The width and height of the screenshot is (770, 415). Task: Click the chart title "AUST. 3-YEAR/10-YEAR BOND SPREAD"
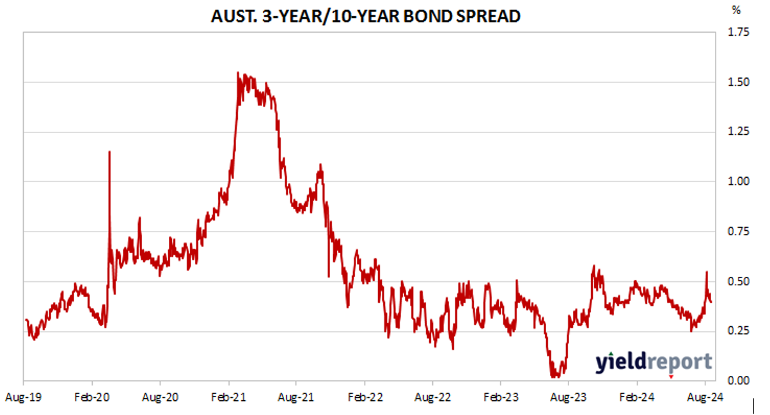365,16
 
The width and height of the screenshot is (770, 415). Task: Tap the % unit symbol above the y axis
736,10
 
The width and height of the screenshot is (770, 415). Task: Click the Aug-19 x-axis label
23,396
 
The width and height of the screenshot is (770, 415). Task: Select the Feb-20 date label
92,396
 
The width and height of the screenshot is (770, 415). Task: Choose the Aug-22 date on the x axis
433,396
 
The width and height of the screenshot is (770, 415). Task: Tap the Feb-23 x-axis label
501,396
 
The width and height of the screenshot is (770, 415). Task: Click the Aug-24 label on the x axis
705,396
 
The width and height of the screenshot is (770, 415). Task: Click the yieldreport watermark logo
653,362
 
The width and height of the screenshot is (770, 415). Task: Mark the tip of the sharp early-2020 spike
109,152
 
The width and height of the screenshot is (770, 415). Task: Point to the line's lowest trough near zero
553,377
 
